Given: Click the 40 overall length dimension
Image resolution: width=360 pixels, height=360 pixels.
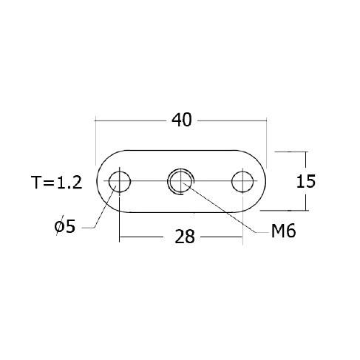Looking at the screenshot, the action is point(181,120).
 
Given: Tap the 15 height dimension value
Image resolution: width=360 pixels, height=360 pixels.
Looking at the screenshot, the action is point(305,181).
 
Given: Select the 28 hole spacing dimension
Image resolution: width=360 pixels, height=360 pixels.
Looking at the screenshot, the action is point(185,237).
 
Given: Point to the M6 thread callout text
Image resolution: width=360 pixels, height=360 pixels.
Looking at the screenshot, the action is point(283,231).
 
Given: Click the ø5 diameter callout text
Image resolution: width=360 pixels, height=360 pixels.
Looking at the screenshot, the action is point(64,225).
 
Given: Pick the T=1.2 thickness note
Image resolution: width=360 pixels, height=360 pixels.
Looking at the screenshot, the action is point(57,183).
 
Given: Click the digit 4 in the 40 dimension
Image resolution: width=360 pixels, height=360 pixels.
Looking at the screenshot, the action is point(177,120).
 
